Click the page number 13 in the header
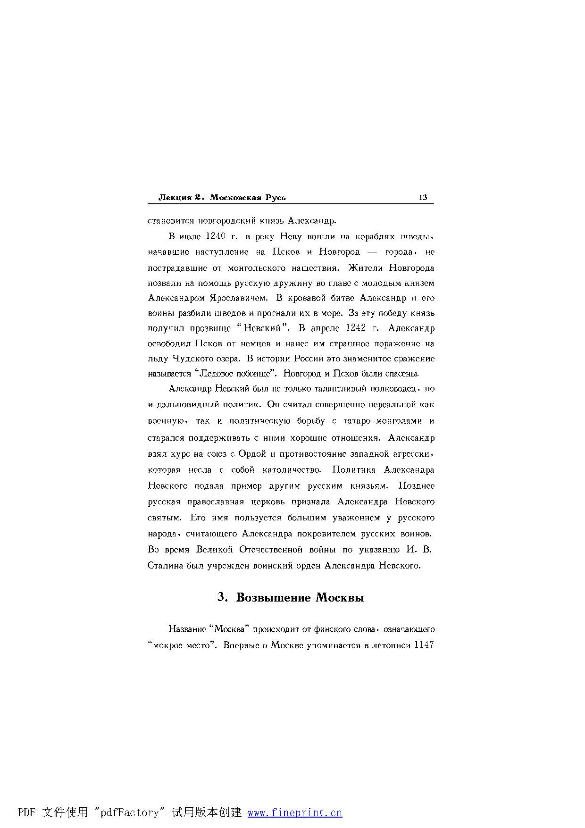(x=423, y=197)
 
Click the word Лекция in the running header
(x=175, y=197)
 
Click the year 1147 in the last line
(x=423, y=645)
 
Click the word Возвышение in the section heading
(x=274, y=597)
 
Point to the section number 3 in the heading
(x=221, y=597)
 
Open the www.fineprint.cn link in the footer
(x=295, y=812)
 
